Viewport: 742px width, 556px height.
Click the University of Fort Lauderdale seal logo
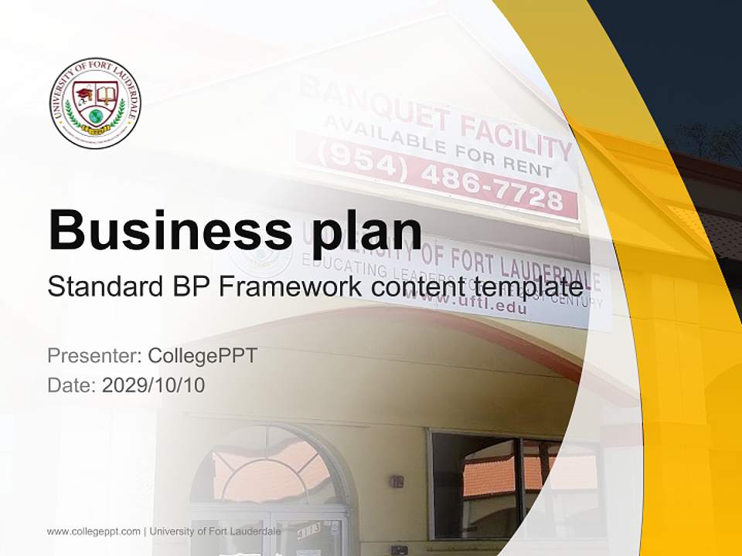[x=95, y=103]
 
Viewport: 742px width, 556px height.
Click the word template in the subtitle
[x=528, y=286]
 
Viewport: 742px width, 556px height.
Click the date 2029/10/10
[x=153, y=385]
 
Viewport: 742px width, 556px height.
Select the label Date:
[x=72, y=385]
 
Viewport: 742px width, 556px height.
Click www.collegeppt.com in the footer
[x=94, y=531]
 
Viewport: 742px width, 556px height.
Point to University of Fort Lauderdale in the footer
[x=215, y=531]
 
